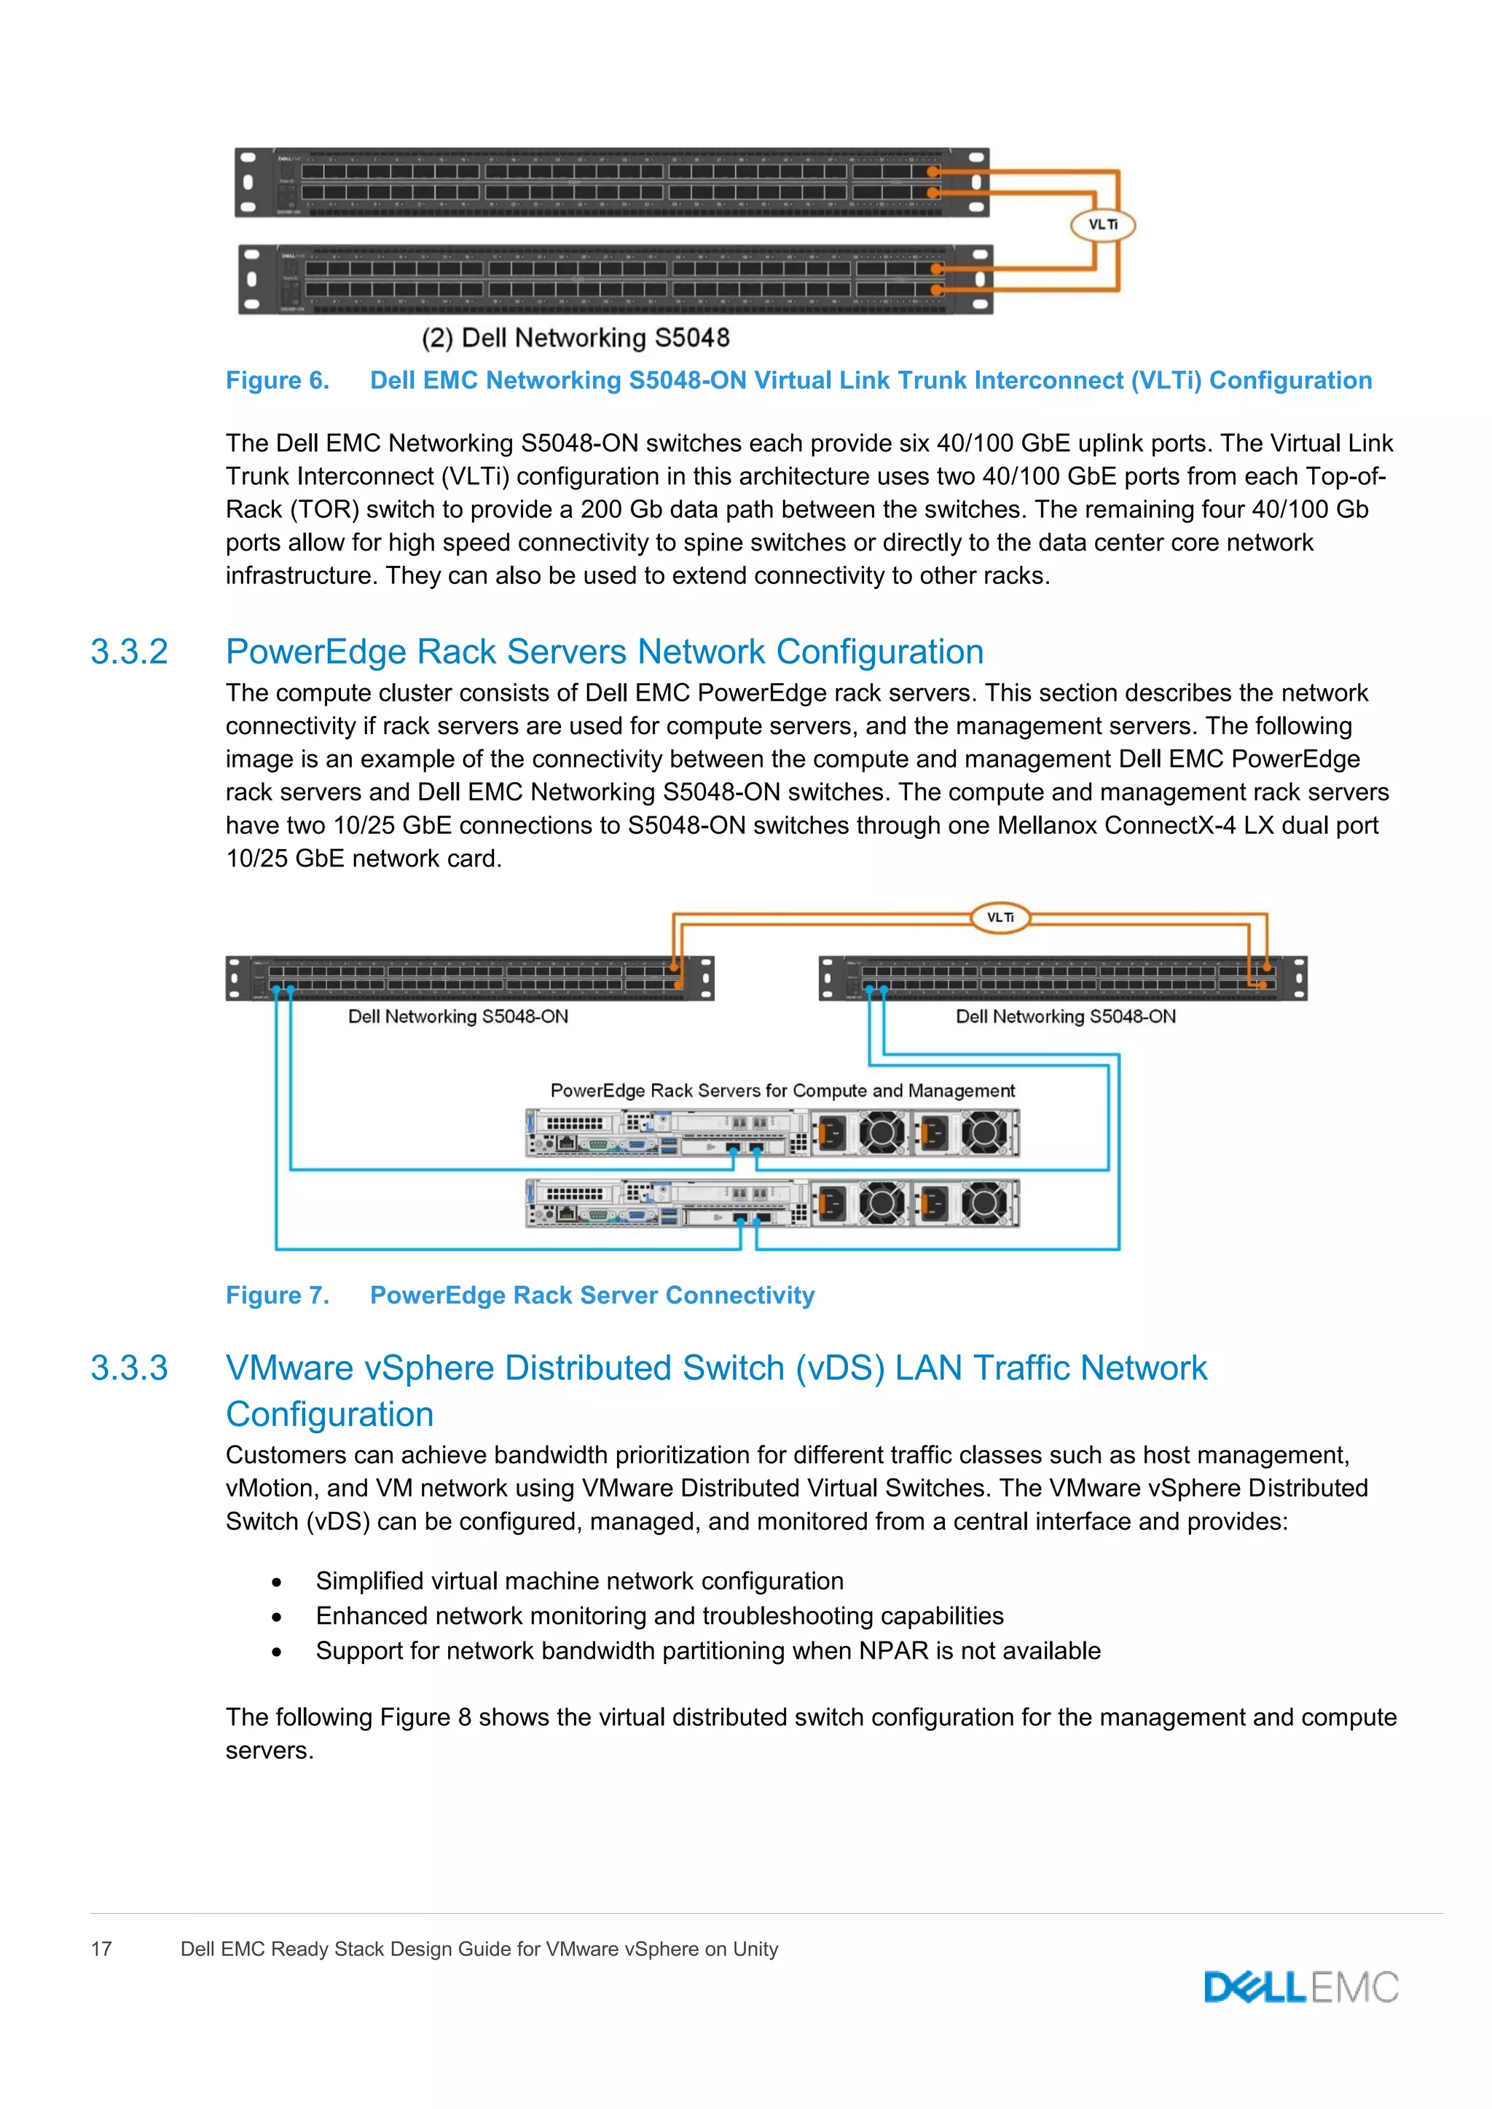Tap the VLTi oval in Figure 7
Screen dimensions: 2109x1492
point(1000,917)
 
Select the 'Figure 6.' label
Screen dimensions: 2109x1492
point(278,380)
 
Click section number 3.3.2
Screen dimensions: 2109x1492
point(129,653)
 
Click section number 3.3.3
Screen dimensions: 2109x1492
point(129,1368)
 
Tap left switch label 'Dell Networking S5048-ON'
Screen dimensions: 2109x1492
point(458,1016)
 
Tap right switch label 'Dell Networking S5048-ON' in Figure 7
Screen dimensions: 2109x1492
point(1065,1016)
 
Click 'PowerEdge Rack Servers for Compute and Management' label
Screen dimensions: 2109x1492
point(782,1090)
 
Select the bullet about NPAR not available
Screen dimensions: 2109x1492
point(707,1651)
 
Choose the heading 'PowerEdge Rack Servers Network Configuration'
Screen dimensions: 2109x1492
point(605,653)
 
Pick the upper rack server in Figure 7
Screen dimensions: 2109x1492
point(771,1132)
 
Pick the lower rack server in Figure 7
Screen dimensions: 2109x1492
point(771,1203)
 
